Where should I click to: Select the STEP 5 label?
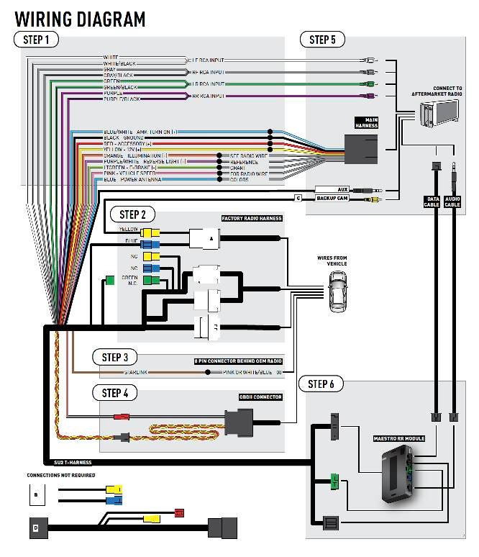coord(322,40)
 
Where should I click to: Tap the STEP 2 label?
coord(132,214)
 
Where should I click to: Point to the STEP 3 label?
coord(115,357)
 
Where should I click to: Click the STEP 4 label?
coord(115,392)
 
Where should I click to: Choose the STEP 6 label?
coord(321,384)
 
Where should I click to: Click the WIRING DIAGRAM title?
coord(80,18)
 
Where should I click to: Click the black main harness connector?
coord(361,150)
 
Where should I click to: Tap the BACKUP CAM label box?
coord(332,198)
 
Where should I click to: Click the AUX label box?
coord(332,189)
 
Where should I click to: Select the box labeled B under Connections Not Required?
coord(37,495)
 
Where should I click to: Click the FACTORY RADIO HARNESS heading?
coord(252,218)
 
